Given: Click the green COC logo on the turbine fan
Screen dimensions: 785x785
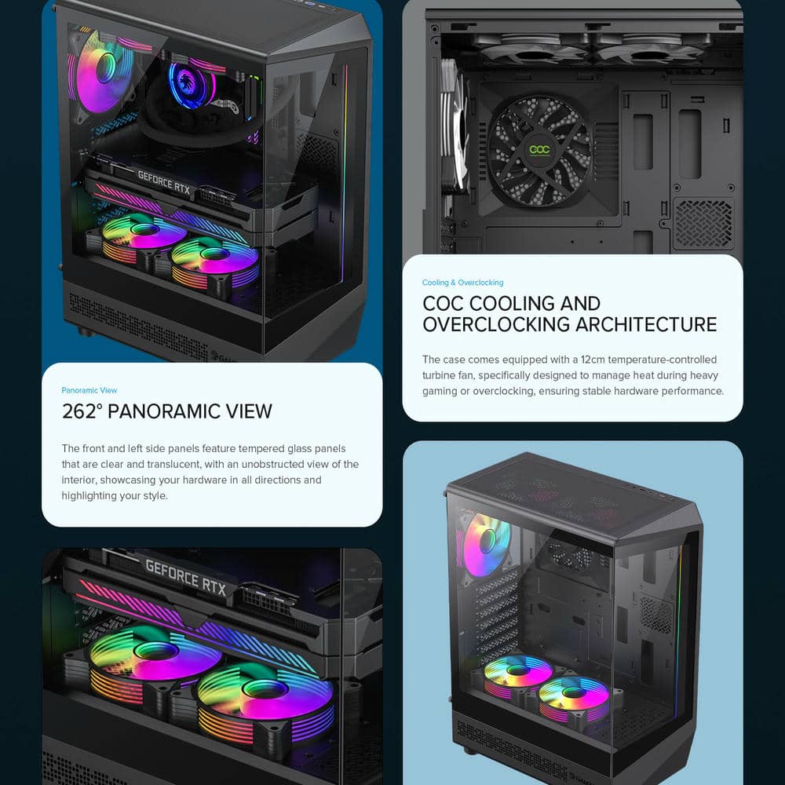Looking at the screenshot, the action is [540, 149].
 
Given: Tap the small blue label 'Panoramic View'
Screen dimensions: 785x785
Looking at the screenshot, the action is [89, 390].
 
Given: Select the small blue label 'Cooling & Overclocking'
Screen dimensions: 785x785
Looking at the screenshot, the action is [462, 283].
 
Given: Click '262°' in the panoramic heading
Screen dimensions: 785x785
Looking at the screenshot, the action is [82, 411].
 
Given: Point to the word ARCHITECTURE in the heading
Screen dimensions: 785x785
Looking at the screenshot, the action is [646, 324].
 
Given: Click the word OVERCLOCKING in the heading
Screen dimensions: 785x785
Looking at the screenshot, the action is [495, 324].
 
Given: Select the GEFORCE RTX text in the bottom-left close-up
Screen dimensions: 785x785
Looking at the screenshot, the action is [185, 577].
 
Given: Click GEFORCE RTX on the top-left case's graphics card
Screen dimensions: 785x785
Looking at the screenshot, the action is [164, 182].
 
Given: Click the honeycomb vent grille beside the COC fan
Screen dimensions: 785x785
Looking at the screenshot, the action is [703, 223].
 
